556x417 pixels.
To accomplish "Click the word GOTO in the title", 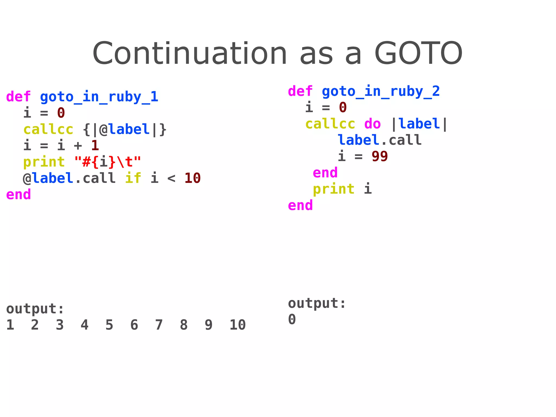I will [418, 54].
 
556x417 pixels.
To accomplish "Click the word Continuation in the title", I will [189, 54].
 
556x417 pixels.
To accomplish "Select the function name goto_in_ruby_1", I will [99, 97].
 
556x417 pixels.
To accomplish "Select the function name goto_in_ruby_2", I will [381, 91].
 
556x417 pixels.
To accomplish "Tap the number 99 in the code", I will [380, 156].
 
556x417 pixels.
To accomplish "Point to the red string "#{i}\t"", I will [108, 162].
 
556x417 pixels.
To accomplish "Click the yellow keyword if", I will [133, 178].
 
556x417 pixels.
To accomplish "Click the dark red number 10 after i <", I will [192, 178].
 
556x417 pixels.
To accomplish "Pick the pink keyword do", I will [372, 124].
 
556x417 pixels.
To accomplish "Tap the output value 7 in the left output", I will [159, 325].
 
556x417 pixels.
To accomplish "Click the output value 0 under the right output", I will [292, 319].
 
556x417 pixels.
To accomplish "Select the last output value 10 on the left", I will [238, 325].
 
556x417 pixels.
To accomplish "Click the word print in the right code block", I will [333, 189].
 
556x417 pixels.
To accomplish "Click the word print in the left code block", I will [44, 162].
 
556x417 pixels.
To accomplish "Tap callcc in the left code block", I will [48, 130].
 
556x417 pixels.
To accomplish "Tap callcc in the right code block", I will [330, 124].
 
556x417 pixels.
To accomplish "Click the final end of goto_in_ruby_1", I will [18, 195].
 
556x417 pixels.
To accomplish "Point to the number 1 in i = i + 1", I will [95, 146].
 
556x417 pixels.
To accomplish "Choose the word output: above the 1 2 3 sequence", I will [35, 309].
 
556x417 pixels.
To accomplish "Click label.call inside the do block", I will [380, 140].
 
